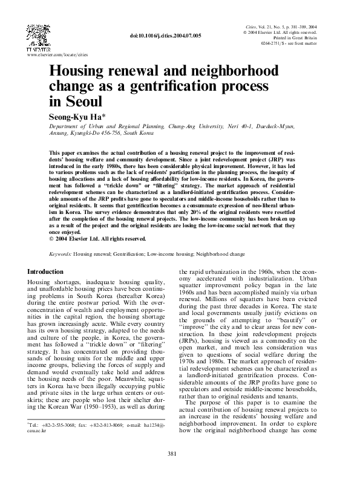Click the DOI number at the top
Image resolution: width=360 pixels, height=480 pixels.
(165, 36)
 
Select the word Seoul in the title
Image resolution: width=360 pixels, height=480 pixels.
(82, 100)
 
